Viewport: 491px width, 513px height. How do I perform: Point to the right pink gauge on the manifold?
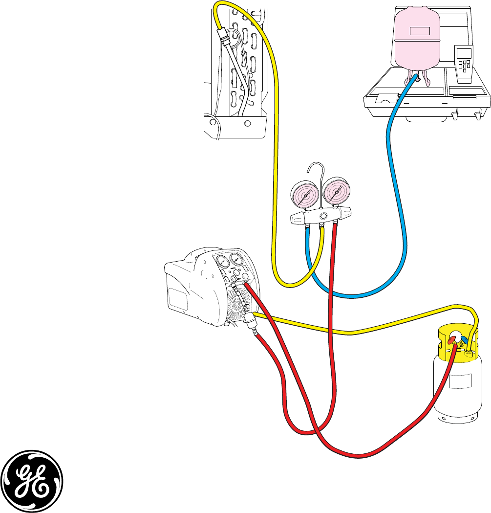(336, 193)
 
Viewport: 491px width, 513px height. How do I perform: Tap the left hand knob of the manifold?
(296, 219)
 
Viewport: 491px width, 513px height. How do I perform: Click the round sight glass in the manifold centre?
(323, 216)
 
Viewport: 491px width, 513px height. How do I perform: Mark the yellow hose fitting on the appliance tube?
(223, 36)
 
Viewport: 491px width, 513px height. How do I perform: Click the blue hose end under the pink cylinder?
(415, 78)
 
